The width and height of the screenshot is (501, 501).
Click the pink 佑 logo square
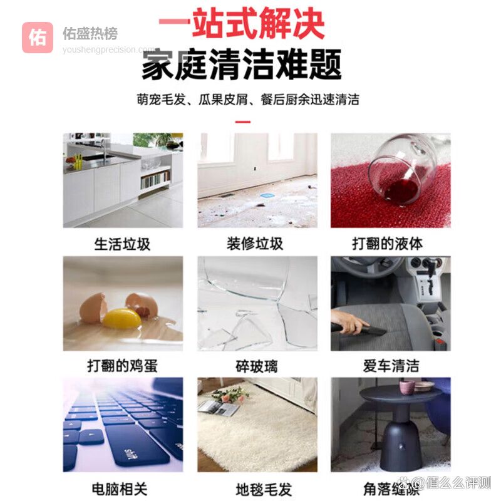click(38, 38)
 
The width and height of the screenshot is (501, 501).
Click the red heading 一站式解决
click(242, 23)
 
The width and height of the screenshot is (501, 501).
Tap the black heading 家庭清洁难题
click(242, 65)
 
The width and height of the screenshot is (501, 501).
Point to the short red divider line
click(243, 121)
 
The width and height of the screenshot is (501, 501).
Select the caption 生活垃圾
click(122, 244)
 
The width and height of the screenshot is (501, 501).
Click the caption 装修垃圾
click(255, 244)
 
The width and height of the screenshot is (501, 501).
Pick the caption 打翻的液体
click(388, 244)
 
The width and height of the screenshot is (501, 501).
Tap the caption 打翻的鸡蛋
click(122, 366)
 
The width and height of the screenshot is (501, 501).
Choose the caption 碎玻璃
click(257, 366)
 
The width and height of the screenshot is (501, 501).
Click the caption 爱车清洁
click(391, 366)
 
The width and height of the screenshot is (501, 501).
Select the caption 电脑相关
click(120, 489)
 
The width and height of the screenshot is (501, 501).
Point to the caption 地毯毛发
click(264, 490)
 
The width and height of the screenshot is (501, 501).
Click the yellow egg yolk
click(121, 318)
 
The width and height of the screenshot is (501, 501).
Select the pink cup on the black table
click(406, 387)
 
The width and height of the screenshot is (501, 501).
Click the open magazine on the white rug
click(218, 408)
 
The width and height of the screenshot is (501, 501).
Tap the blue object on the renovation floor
click(266, 195)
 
